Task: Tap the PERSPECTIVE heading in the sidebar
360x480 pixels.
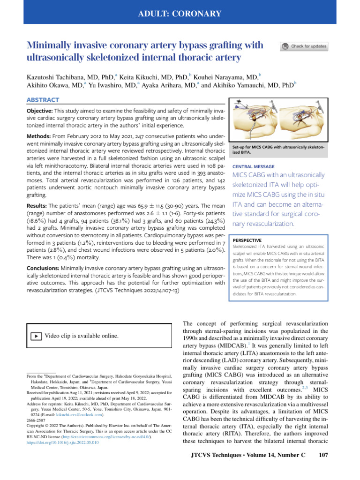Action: pos(249,240)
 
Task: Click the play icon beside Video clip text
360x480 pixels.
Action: pos(36,336)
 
